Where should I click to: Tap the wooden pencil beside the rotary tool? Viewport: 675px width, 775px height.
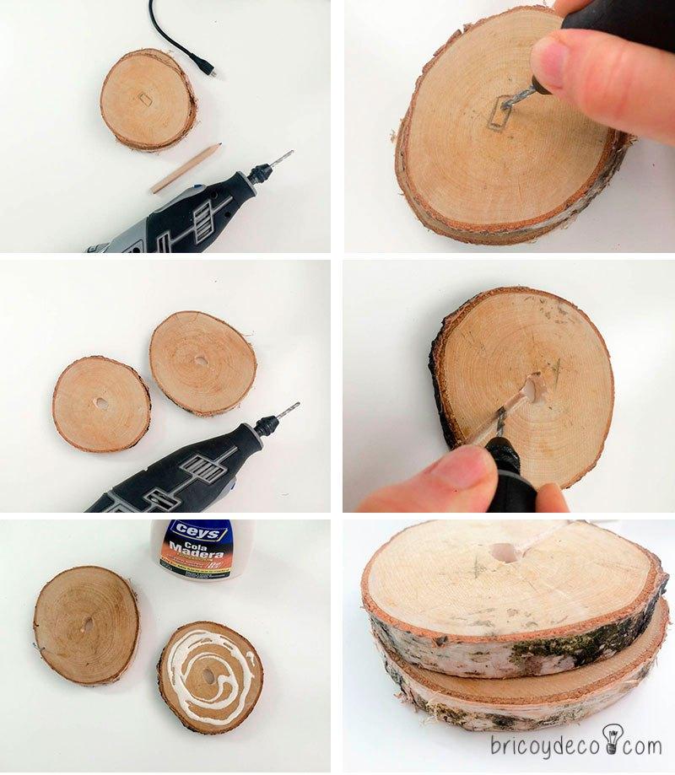186,168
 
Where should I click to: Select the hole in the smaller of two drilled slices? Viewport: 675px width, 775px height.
101,403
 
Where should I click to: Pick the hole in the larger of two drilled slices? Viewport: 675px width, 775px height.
201,360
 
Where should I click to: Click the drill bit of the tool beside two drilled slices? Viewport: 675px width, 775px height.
288,412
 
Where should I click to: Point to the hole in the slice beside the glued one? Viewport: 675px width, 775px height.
87,625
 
